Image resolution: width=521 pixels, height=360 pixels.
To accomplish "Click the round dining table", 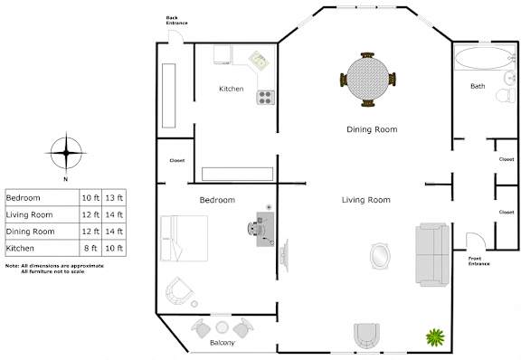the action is click(367, 79).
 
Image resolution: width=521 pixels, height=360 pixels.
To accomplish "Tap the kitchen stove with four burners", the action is click(266, 98).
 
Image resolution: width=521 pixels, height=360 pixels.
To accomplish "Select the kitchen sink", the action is click(259, 61).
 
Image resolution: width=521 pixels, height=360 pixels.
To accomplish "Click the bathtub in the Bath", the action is click(484, 58).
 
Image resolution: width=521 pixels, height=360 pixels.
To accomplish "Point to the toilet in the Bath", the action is click(506, 95).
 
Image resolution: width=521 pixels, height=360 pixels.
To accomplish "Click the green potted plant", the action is click(435, 337).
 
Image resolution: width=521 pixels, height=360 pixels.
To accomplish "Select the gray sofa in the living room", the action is click(432, 255).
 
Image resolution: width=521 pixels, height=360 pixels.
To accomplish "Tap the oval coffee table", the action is click(380, 256).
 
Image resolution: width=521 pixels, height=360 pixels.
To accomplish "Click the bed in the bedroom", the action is click(184, 238).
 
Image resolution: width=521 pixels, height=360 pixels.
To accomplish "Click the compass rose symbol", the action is click(66, 153).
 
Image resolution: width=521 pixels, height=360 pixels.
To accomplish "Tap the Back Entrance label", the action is click(176, 20).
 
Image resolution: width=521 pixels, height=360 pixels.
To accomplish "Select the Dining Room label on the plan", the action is click(372, 129).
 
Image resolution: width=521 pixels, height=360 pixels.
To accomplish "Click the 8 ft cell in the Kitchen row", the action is click(90, 248).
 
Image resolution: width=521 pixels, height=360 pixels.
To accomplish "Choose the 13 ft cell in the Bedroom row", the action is click(114, 198).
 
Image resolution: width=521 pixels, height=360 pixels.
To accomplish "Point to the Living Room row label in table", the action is click(29, 214).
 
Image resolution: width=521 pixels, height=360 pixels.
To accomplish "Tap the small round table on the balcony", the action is click(222, 327).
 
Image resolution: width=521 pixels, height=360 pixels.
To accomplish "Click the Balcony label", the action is click(223, 343).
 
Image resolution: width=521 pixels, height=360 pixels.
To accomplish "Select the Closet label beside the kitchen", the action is click(176, 161).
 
